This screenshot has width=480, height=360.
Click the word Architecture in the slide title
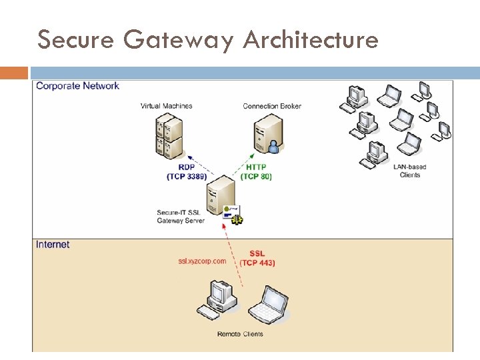pyautogui.click(x=311, y=40)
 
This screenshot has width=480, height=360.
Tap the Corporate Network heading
pyautogui.click(x=77, y=86)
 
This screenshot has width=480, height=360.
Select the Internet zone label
pyautogui.click(x=53, y=245)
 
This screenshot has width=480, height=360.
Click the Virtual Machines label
pyautogui.click(x=166, y=106)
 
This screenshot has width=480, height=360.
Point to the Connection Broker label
pyautogui.click(x=272, y=106)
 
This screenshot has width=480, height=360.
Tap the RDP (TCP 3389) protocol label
pyautogui.click(x=186, y=172)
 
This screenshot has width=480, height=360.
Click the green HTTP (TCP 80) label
pyautogui.click(x=256, y=172)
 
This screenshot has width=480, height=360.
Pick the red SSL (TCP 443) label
pyautogui.click(x=257, y=258)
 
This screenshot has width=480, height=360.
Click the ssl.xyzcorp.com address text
pyautogui.click(x=202, y=261)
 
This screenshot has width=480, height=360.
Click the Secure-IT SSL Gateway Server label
pyautogui.click(x=180, y=217)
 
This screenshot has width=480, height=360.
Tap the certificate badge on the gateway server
pyautogui.click(x=233, y=213)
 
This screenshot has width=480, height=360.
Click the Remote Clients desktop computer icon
pyautogui.click(x=219, y=299)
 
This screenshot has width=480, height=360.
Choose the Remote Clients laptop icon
pyautogui.click(x=268, y=303)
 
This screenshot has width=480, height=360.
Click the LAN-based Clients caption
pyautogui.click(x=409, y=171)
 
